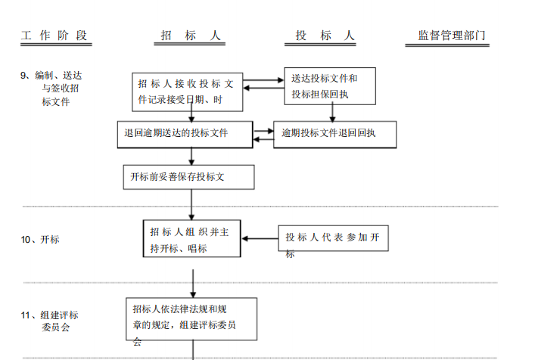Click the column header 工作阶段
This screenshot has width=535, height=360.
[54, 36]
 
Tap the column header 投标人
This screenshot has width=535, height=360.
[325, 36]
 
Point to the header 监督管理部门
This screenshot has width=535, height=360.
[452, 36]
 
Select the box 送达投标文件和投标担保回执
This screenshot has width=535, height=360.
[330, 86]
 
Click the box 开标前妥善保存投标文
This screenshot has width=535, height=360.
[188, 177]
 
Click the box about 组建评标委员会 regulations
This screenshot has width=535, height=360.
[191, 321]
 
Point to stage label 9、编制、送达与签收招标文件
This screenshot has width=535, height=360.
[53, 88]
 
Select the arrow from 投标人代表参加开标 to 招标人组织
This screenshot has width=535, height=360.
[260, 239]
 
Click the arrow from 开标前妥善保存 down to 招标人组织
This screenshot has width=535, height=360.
[191, 204]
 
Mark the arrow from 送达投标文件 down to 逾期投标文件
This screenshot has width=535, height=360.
[332, 113]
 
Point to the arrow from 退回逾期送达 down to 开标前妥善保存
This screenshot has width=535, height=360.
[191, 156]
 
